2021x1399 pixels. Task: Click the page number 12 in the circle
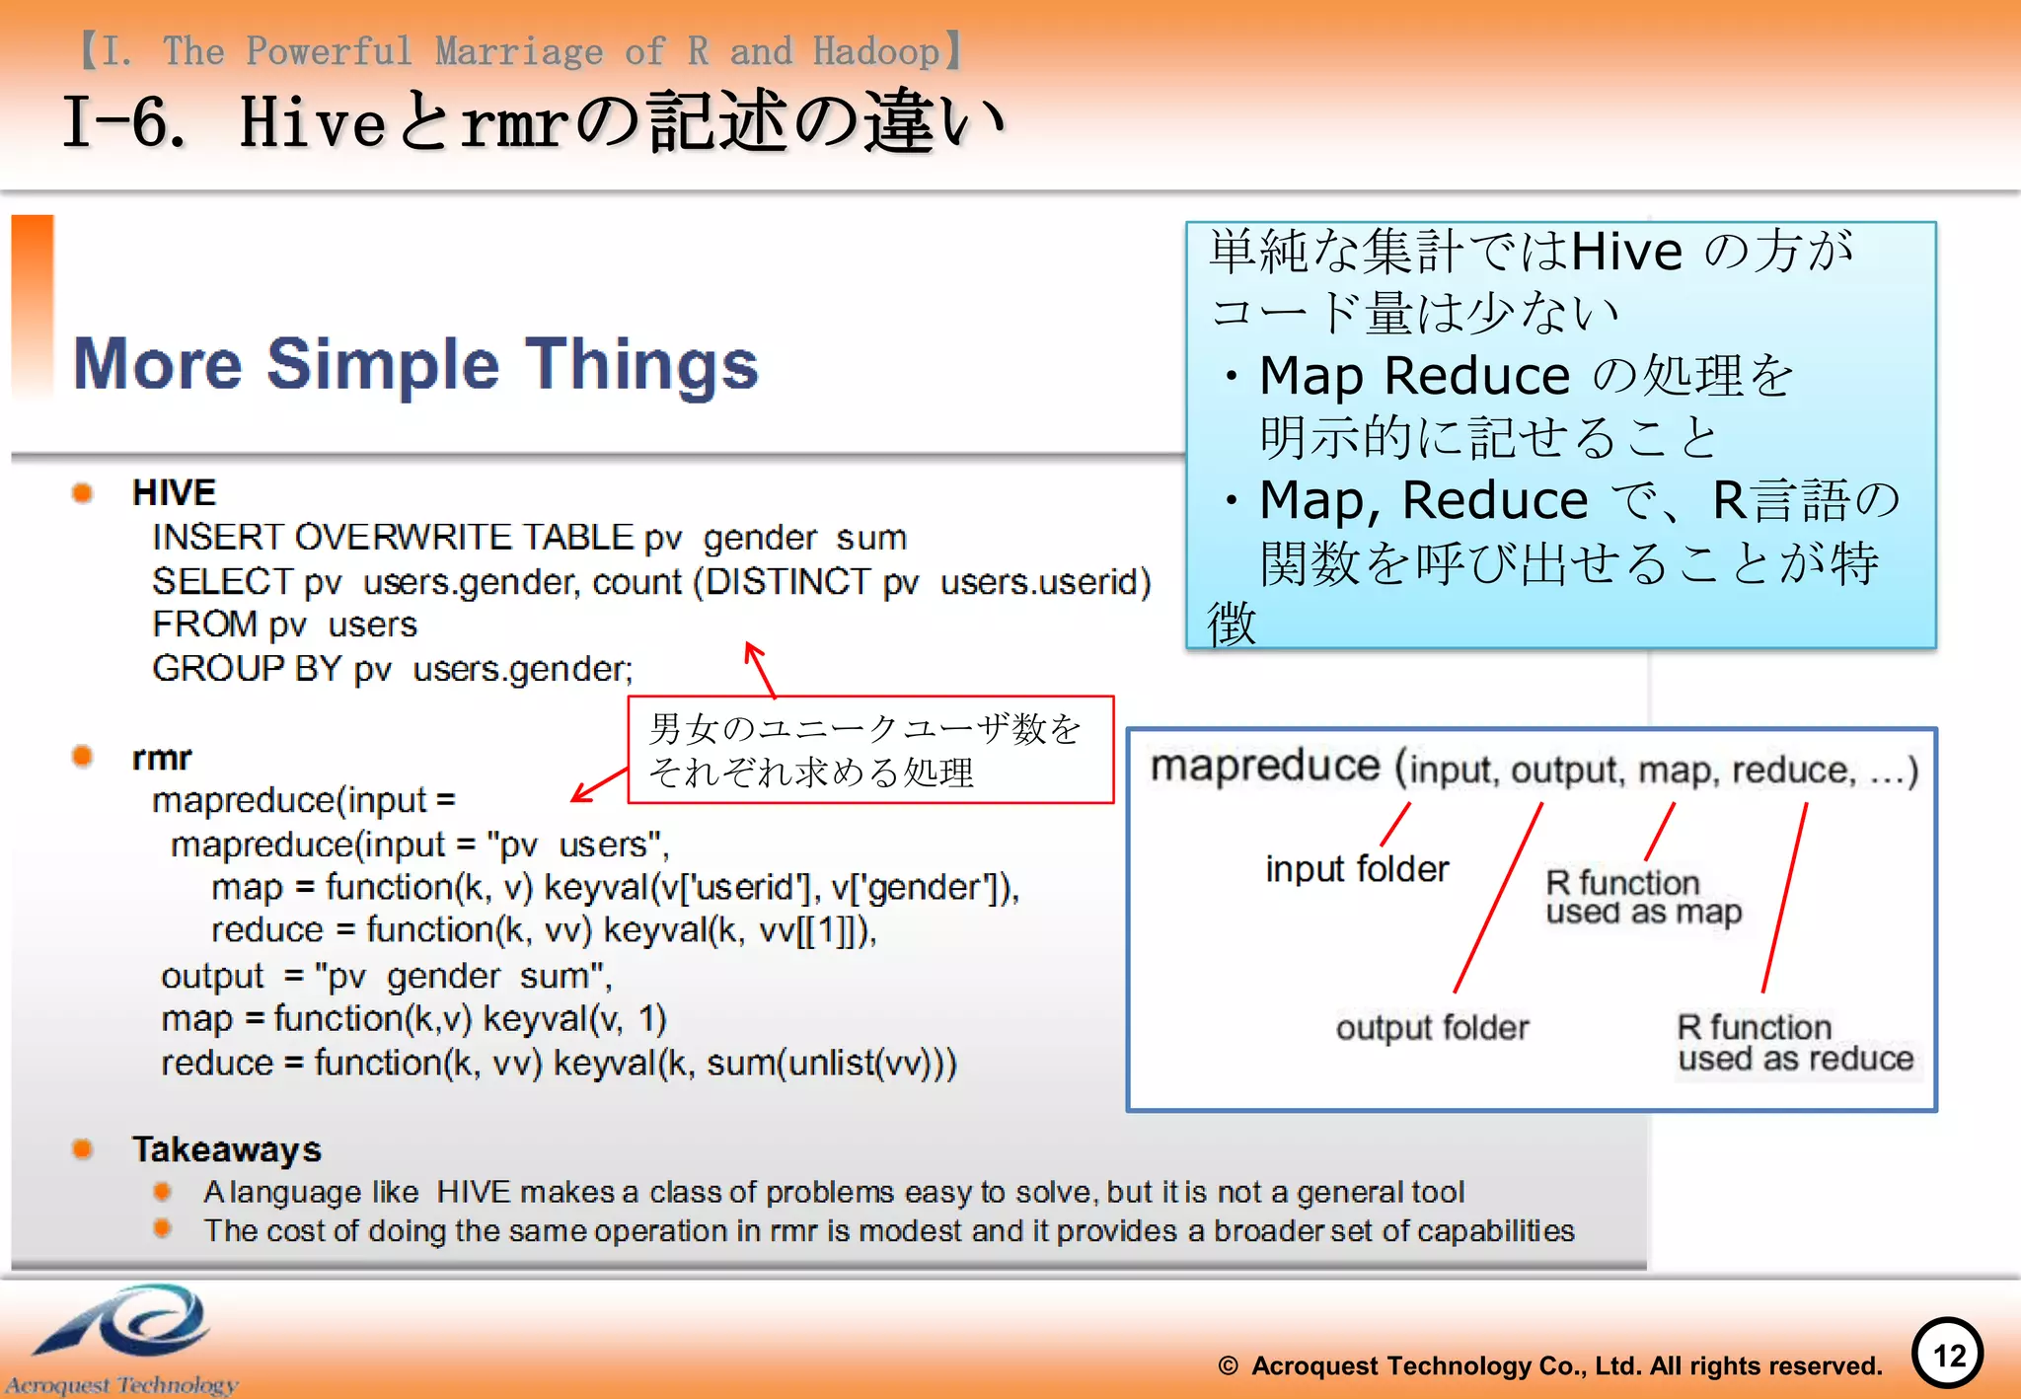tap(1948, 1355)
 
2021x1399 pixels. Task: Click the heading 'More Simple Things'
tap(415, 364)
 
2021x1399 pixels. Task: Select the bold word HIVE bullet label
tap(174, 492)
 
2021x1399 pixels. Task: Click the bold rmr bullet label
tap(162, 758)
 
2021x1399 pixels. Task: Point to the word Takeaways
tap(227, 1149)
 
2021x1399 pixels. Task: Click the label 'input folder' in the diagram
tap(1357, 869)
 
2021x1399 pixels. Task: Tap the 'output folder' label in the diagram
tap(1432, 1028)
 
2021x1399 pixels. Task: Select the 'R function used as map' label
tap(1643, 897)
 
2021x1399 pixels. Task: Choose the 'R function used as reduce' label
tap(1795, 1043)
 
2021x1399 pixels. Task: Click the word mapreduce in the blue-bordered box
tap(1265, 767)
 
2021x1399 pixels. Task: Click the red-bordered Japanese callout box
tap(870, 750)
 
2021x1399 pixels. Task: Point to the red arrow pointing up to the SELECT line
tap(759, 668)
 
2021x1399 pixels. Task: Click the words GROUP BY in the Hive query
tap(247, 669)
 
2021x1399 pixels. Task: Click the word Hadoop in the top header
tap(875, 51)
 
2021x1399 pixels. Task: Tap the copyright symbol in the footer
tap(1228, 1365)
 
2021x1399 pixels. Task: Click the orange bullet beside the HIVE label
tap(83, 492)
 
